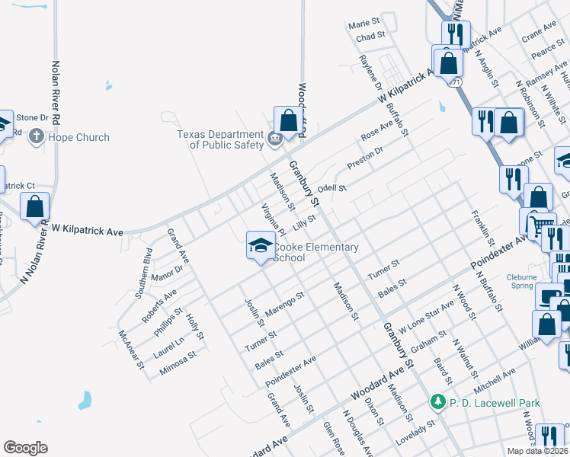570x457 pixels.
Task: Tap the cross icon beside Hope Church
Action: (36, 138)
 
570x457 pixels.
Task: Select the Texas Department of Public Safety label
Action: (219, 139)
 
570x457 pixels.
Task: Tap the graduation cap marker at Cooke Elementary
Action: (259, 246)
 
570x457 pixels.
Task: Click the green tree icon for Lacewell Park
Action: (437, 401)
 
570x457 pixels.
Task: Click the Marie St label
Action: (363, 24)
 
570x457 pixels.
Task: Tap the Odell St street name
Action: (332, 188)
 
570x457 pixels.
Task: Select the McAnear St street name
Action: (131, 349)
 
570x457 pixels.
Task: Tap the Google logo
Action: (25, 448)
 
